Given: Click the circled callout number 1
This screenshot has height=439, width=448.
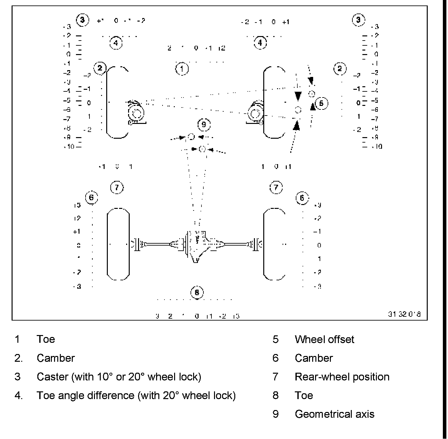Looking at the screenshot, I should tap(182, 69).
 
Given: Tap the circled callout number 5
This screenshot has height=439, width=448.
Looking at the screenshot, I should tap(321, 103).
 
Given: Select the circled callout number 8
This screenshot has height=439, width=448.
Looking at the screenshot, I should tap(197, 292).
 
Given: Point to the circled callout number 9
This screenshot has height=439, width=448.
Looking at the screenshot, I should tap(204, 124).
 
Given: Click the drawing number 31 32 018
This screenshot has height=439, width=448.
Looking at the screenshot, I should tap(404, 314).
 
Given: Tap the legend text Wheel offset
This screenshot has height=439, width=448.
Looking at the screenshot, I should tap(324, 339).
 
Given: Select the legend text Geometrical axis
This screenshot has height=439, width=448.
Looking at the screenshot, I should tap(334, 414).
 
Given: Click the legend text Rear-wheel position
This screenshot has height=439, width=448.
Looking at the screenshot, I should tap(342, 377).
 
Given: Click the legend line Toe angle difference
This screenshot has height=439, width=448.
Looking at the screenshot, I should tap(136, 395).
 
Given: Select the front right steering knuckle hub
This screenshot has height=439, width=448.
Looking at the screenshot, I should tap(256, 114).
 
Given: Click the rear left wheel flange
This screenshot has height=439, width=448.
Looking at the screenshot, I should tap(136, 244).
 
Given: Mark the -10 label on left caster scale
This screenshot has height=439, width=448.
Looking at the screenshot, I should tap(69, 147).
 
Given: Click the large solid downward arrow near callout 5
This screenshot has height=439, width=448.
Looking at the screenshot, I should tap(298, 96).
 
